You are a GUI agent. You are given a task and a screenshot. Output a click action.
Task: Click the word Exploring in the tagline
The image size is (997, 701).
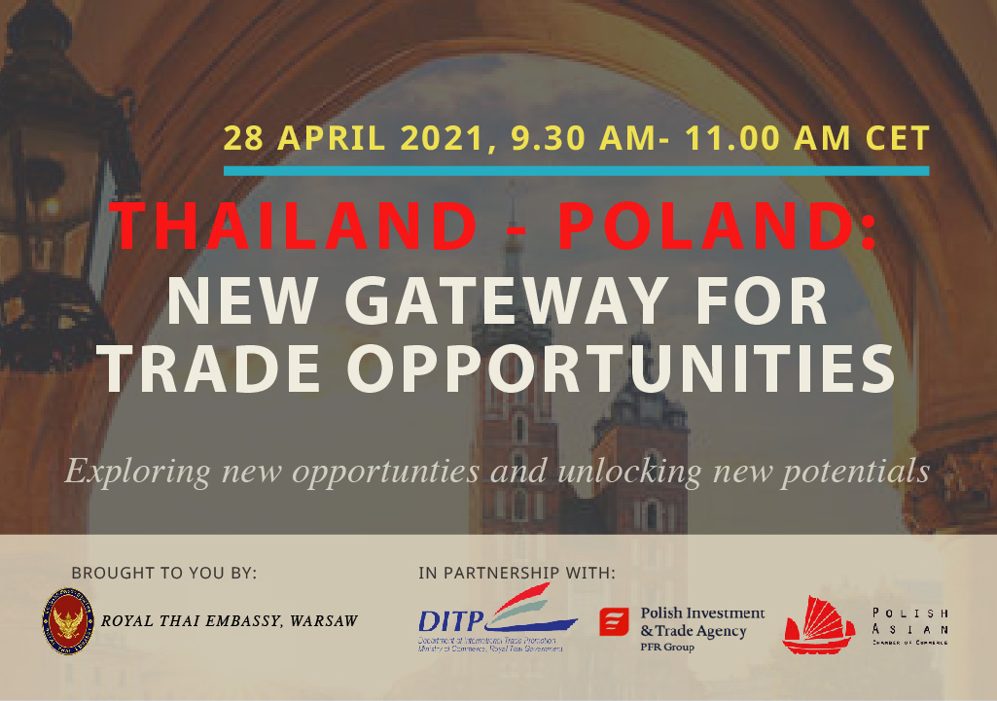138,472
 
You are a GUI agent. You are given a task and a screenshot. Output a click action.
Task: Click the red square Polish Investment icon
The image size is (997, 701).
613,622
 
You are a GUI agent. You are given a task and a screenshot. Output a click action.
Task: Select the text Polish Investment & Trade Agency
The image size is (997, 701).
702,623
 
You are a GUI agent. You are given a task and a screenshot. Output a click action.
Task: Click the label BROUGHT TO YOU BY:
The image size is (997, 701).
163,573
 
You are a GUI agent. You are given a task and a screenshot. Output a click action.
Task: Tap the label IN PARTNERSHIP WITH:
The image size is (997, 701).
516,573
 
